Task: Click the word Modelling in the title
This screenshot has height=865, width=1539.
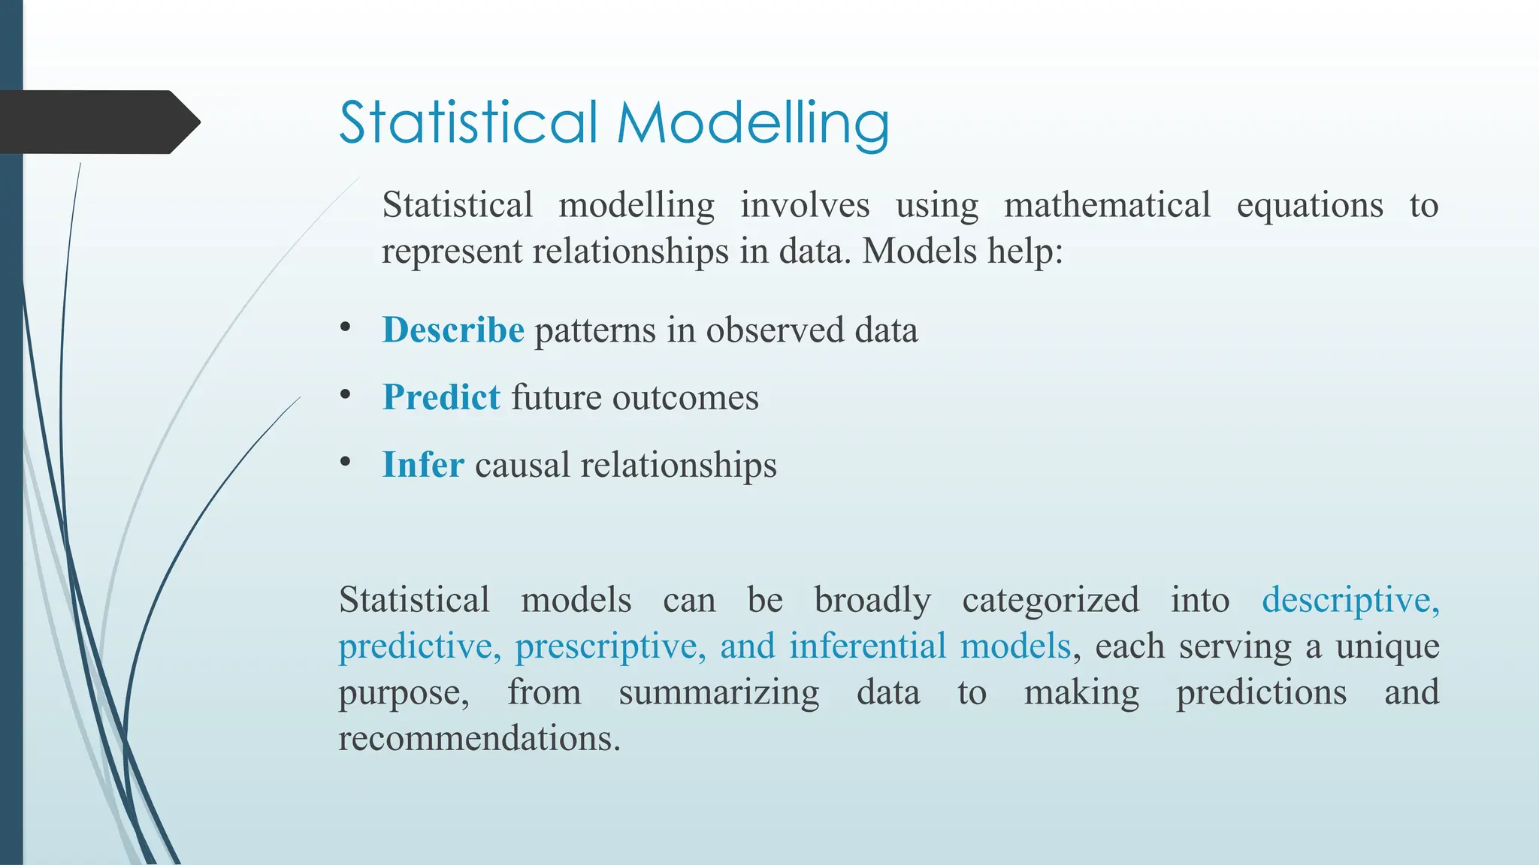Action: click(753, 122)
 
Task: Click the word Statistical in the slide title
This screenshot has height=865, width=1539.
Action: click(468, 122)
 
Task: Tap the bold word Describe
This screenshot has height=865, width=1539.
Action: click(453, 330)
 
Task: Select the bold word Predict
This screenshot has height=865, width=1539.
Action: click(441, 397)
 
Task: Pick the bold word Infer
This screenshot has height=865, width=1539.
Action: click(423, 465)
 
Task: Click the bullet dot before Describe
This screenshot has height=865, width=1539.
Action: click(345, 327)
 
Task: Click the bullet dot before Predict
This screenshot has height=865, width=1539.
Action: click(345, 394)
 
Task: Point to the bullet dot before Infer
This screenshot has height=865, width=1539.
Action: click(345, 462)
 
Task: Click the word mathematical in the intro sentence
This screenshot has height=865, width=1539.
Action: click(1107, 205)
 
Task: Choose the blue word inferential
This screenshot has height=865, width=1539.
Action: click(867, 646)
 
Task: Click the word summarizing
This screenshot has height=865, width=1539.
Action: click(718, 693)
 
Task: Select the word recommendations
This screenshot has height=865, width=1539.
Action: click(479, 738)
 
